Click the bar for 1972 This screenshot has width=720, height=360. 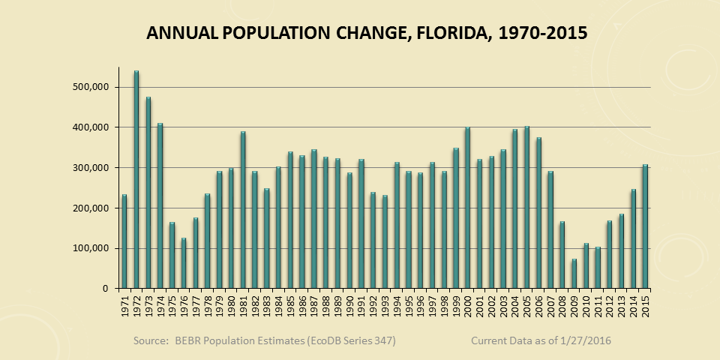coord(136,180)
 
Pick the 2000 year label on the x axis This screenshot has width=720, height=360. coord(467,307)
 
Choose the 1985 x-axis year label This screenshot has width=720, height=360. coord(290,307)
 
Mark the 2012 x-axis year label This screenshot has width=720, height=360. coord(609,307)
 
